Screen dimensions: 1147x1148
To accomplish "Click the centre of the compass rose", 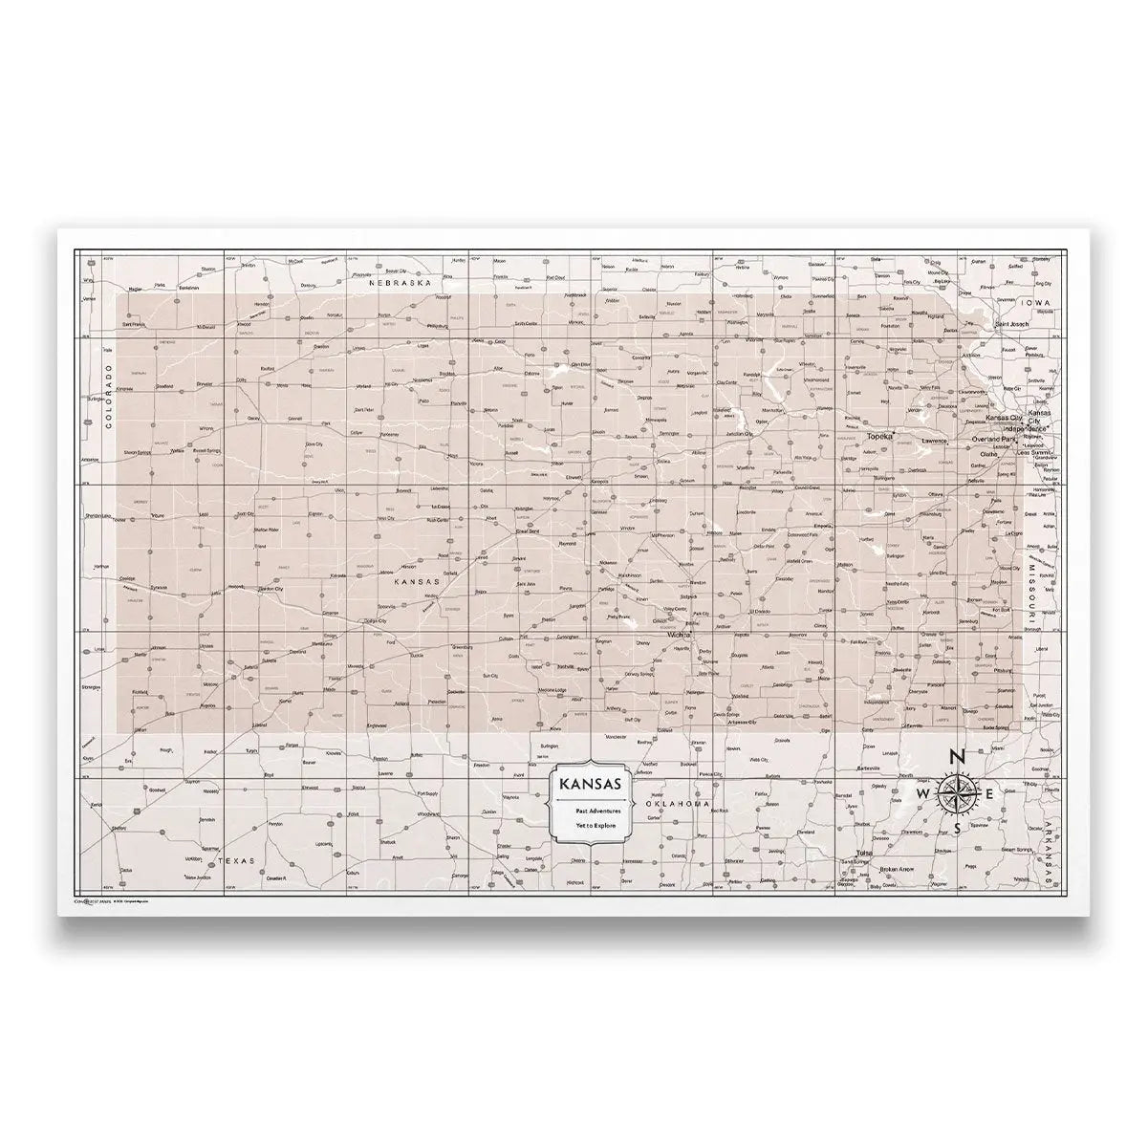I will point(958,793).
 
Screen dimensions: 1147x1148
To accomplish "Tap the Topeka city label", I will point(879,436).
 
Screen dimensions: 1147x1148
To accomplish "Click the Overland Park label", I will point(999,439).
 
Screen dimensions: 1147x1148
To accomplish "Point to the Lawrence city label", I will point(934,441).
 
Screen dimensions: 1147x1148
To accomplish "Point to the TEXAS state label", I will point(235,860).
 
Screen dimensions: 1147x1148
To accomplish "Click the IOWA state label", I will point(1034,303).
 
